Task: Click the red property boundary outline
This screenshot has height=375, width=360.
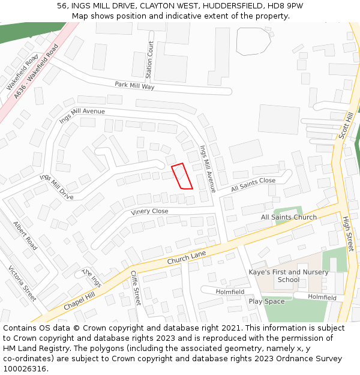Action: pos(182,176)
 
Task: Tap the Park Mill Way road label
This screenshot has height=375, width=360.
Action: pos(134,86)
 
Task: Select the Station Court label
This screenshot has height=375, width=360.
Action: pos(149,60)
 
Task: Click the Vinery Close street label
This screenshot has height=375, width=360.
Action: pos(149,212)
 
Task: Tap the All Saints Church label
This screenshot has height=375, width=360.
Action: pos(289,217)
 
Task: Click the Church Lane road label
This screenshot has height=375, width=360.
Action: pos(187,257)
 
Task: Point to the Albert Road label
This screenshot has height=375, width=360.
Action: pos(25,236)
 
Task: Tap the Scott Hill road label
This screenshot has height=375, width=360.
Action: pos(346,125)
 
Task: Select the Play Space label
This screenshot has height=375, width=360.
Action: pos(266,301)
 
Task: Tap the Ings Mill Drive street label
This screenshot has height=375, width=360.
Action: pos(56,187)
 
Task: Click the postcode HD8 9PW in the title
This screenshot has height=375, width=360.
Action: pos(286,5)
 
